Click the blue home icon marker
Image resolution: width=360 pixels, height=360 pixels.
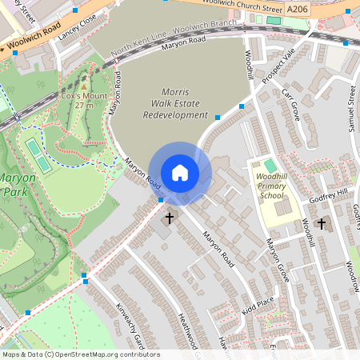[180, 172]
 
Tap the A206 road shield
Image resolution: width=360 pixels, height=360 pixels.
[298, 9]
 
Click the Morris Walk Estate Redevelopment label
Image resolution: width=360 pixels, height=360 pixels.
[174, 103]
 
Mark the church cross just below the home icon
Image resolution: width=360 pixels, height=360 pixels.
[169, 217]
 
